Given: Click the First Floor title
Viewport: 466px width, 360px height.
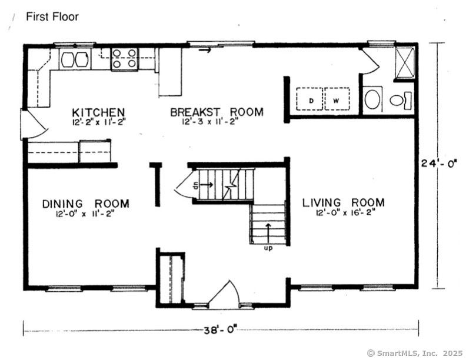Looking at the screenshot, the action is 52,16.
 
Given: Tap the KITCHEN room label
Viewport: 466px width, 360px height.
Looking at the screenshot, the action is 98,112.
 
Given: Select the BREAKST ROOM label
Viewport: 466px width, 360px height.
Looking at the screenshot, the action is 217,112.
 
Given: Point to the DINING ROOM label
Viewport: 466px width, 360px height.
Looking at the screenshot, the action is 85,204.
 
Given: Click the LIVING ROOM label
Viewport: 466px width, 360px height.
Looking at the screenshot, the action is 343,202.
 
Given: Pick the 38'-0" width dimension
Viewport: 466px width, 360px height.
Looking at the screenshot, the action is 221,331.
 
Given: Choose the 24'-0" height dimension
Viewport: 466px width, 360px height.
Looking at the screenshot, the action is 439,163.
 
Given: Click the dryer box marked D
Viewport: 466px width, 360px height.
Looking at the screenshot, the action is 309,99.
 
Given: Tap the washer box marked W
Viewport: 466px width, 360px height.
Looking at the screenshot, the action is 337,99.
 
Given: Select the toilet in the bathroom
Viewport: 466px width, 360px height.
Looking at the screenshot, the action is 400,100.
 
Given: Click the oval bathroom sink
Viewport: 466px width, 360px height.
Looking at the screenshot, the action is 372,99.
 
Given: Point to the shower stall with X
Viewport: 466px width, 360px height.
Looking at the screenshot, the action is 404,63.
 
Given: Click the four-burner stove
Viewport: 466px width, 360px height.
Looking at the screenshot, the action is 125,59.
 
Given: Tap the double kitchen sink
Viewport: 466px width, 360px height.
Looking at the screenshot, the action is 75,59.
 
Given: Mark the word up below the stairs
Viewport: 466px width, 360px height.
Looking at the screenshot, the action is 268,248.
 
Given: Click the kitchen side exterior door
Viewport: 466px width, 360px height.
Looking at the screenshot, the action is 34,125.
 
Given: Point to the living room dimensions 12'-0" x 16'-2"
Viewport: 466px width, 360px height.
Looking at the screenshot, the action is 343,213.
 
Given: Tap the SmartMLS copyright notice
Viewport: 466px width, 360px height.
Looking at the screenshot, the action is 415,353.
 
